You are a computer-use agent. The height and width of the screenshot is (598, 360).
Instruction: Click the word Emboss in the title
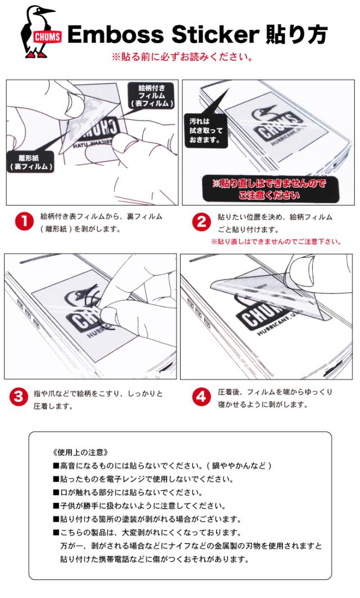point(116,35)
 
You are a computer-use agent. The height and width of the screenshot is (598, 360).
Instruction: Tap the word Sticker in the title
point(215,35)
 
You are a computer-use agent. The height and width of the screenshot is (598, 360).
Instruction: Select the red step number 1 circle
point(24,221)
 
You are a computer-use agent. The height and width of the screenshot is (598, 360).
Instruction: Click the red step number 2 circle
point(201,222)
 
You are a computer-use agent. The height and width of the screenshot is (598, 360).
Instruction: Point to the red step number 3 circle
point(19,397)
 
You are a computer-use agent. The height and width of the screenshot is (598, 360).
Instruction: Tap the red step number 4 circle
point(201,397)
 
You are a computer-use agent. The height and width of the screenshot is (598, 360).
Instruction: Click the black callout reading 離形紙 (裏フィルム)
point(30,162)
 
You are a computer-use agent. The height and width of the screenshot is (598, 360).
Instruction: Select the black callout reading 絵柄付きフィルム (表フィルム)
point(151,96)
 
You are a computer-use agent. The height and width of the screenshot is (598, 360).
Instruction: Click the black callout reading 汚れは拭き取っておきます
point(206,130)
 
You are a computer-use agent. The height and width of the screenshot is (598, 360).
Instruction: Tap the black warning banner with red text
point(270,189)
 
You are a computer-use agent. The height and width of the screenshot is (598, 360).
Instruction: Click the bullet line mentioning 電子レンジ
point(143,479)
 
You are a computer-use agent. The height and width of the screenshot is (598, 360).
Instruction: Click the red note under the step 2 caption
point(276,242)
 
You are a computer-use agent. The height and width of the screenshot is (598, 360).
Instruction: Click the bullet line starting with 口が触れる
point(128,492)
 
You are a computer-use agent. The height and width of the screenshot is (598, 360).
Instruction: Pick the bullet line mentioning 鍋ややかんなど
point(162,466)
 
